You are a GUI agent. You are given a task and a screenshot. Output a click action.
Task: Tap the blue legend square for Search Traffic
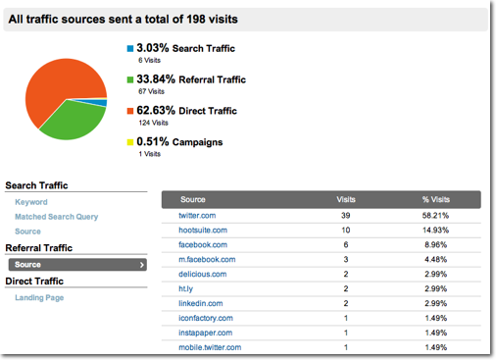(129, 48)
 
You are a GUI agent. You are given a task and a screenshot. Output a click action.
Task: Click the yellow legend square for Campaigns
(129, 142)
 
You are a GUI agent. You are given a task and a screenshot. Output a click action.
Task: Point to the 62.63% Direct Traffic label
(185, 111)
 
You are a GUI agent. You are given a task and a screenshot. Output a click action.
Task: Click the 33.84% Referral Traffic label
(191, 79)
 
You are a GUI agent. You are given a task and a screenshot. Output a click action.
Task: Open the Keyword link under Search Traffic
(31, 201)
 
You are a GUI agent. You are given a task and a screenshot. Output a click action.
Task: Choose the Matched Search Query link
(56, 216)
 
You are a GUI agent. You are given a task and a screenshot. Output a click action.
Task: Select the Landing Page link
(39, 297)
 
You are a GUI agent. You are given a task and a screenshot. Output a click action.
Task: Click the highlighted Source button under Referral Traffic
(76, 264)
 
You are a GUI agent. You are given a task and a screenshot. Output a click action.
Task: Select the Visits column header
(346, 198)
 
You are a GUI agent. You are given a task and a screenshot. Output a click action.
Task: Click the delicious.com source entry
(204, 274)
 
